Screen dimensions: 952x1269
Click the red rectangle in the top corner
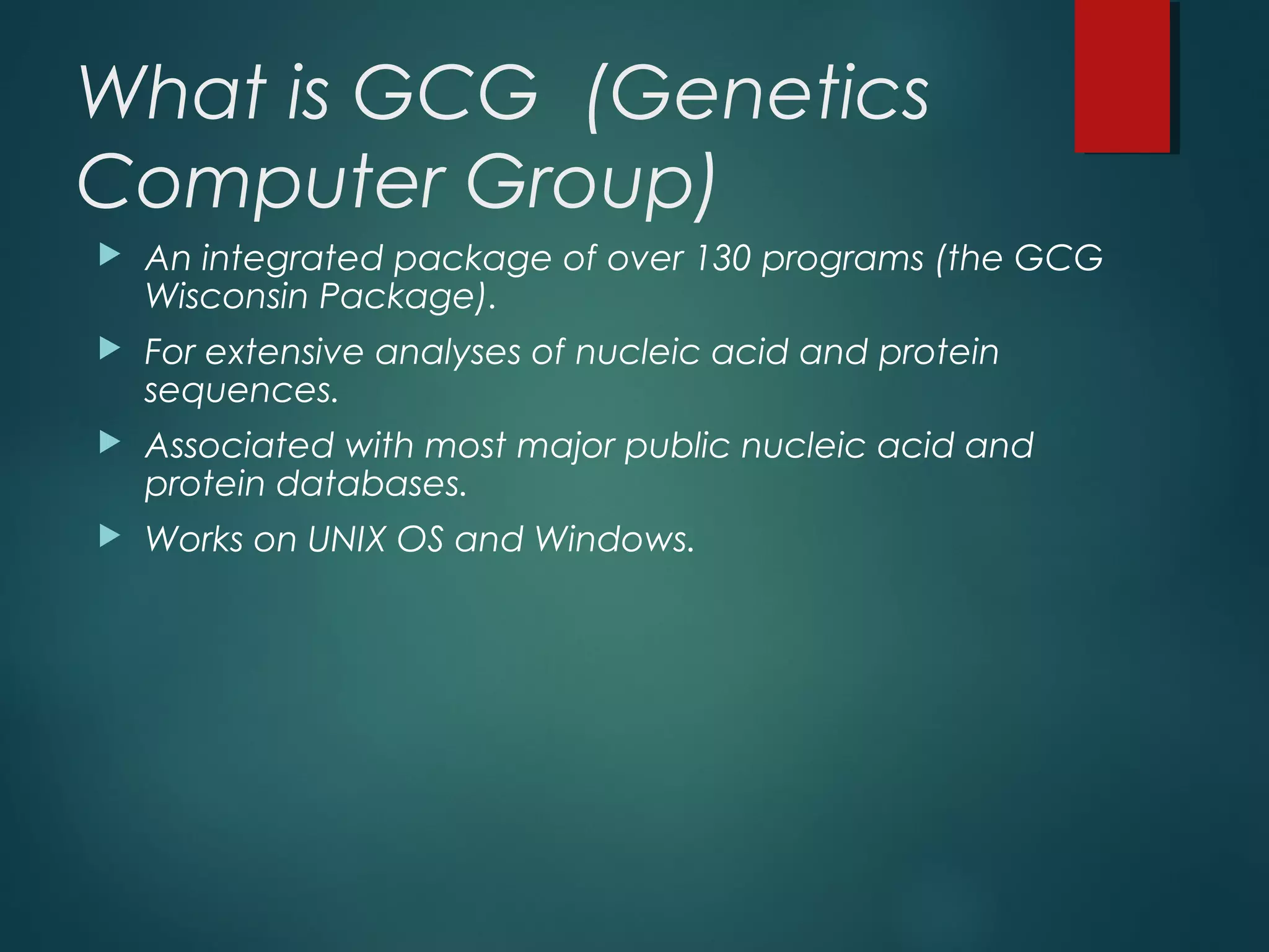pyautogui.click(x=1122, y=76)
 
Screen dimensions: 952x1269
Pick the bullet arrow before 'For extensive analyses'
pyautogui.click(x=110, y=350)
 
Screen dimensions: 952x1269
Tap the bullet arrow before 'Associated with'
pyautogui.click(x=110, y=443)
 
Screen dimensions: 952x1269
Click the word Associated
pyautogui.click(x=239, y=446)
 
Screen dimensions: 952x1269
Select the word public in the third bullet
pyautogui.click(x=677, y=447)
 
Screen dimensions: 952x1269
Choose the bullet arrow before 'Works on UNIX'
pyautogui.click(x=110, y=536)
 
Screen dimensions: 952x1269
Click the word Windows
pyautogui.click(x=613, y=539)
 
